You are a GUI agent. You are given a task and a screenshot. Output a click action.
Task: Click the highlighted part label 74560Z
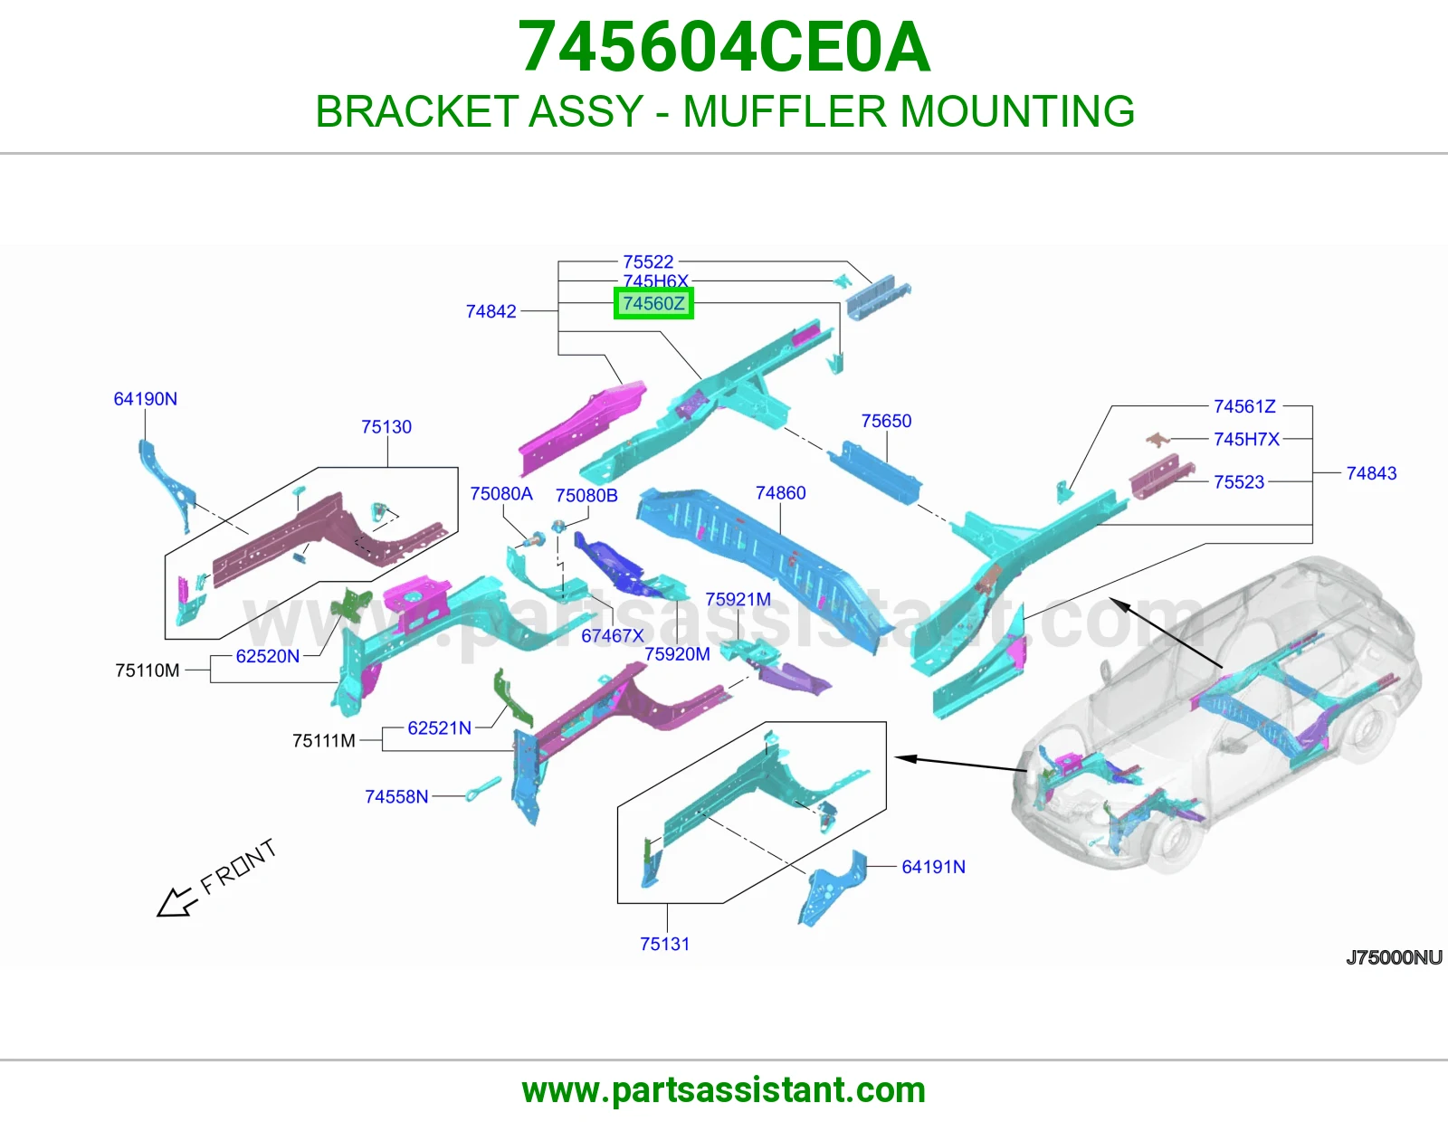coord(653,304)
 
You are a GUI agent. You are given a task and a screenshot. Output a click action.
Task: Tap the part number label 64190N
coord(146,398)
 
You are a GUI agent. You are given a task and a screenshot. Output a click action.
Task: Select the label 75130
coord(386,426)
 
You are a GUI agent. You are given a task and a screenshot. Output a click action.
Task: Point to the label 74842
coord(491,311)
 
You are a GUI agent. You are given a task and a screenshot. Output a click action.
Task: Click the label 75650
coord(886,421)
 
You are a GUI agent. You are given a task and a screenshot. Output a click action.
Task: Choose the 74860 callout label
coord(781,492)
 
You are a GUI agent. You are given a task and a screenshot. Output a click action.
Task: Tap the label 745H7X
coord(1247,439)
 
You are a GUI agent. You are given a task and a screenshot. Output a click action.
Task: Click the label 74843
coord(1371,473)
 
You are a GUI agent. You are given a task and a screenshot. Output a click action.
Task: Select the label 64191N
coord(934,866)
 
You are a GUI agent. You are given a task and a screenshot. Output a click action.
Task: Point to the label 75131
coord(664,944)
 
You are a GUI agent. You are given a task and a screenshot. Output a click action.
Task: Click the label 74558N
coord(396,796)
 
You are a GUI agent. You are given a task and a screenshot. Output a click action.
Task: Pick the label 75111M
coord(324,740)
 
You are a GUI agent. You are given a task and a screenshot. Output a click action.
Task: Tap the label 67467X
coord(613,635)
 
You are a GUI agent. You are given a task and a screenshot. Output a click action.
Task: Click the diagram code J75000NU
coord(1394,957)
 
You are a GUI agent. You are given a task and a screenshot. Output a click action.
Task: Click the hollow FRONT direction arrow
coord(177,903)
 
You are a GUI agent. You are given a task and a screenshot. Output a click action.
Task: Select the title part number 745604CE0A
coord(724,47)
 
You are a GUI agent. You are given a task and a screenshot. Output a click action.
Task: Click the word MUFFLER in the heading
coord(785,110)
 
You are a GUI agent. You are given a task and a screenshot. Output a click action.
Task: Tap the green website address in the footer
coord(724,1090)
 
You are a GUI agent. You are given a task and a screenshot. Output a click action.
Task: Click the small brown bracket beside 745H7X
coord(1158,439)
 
